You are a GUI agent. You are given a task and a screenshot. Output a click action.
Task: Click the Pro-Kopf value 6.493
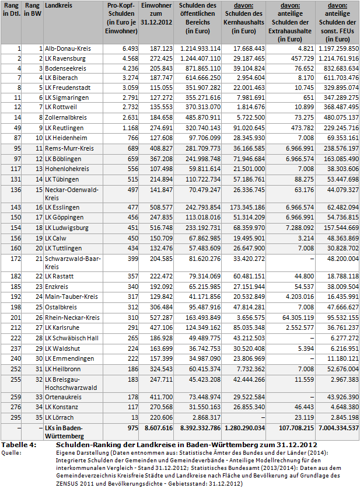[x=129, y=48]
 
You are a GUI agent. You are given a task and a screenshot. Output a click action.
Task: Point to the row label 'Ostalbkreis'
[x=62, y=306]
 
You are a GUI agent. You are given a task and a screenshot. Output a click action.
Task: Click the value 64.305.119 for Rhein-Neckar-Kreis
[x=291, y=317]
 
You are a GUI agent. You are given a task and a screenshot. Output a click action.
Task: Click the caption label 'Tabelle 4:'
[x=19, y=445]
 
